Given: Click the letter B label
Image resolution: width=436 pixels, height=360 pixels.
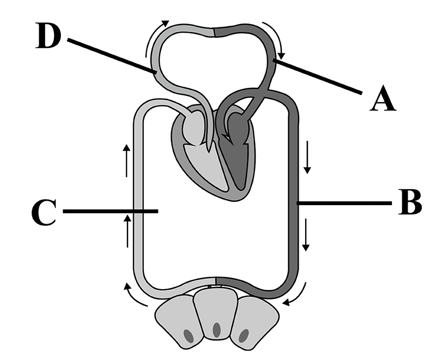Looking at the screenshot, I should (x=410, y=202).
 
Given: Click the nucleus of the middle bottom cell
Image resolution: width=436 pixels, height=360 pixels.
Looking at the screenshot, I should (x=217, y=330).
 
